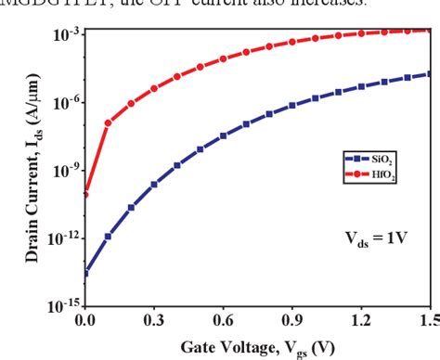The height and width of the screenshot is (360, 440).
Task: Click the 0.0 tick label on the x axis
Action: click(x=85, y=322)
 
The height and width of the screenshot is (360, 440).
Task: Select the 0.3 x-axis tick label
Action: click(x=154, y=322)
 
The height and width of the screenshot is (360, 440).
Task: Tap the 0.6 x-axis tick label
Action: click(x=223, y=322)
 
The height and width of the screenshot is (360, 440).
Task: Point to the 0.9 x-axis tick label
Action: click(x=291, y=322)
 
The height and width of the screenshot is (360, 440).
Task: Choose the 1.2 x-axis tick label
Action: click(x=360, y=322)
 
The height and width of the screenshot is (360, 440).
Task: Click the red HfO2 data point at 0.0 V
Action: click(x=85, y=194)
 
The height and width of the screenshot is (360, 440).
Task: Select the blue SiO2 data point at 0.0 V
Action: click(x=85, y=273)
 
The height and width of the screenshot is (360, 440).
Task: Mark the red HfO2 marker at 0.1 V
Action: click(x=109, y=122)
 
